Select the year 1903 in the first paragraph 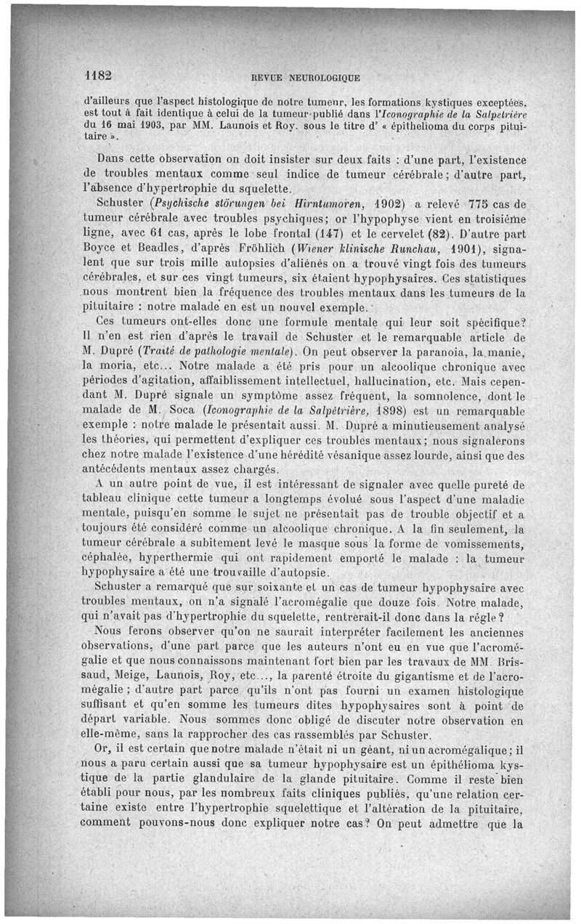[148, 124]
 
